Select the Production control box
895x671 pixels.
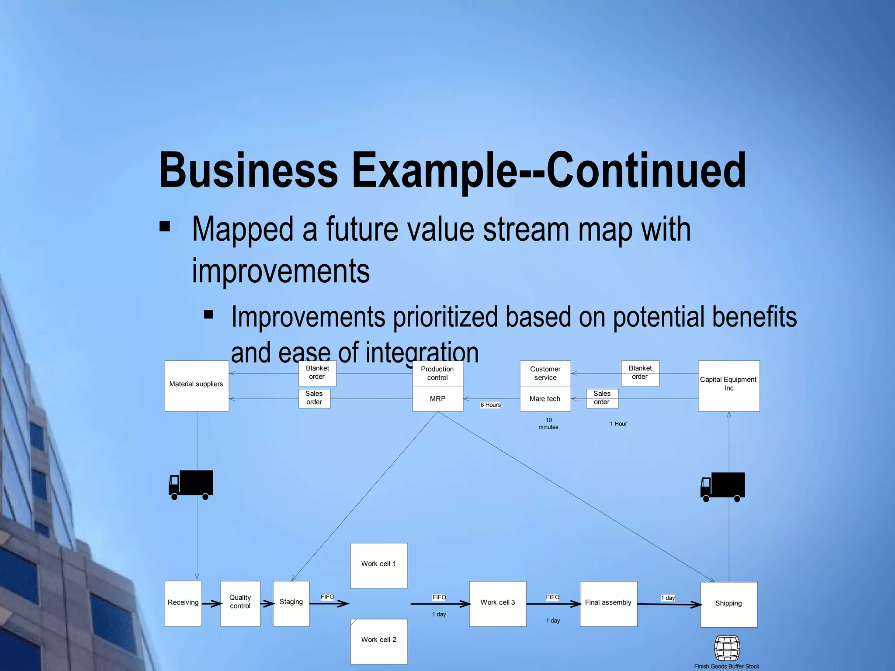437,374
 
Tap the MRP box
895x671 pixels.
437,399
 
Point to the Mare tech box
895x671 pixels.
545,399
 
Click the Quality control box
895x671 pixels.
240,603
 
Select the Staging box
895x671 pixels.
291,603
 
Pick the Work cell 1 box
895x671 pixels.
379,565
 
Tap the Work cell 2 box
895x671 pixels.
379,641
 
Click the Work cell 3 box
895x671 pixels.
498,603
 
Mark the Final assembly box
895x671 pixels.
608,603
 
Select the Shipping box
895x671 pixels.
728,605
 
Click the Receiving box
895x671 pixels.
183,603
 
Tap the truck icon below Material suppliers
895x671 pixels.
191,484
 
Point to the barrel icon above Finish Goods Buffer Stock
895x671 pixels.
727,648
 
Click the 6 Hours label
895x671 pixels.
490,405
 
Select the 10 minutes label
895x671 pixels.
548,424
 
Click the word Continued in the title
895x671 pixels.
646,170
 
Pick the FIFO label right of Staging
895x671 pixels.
327,597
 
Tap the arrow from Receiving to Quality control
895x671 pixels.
212,604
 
